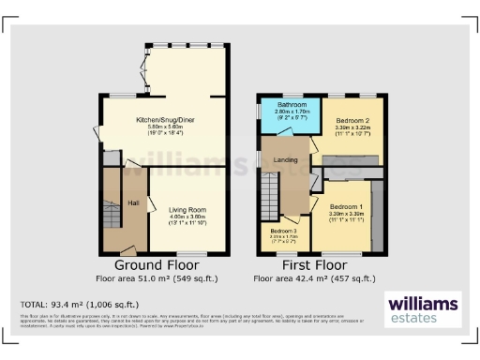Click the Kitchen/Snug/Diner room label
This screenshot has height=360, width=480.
coord(165,121)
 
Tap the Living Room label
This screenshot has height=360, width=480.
coord(186,209)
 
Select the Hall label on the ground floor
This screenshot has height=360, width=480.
coord(134,202)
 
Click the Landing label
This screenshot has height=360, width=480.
coord(286,159)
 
